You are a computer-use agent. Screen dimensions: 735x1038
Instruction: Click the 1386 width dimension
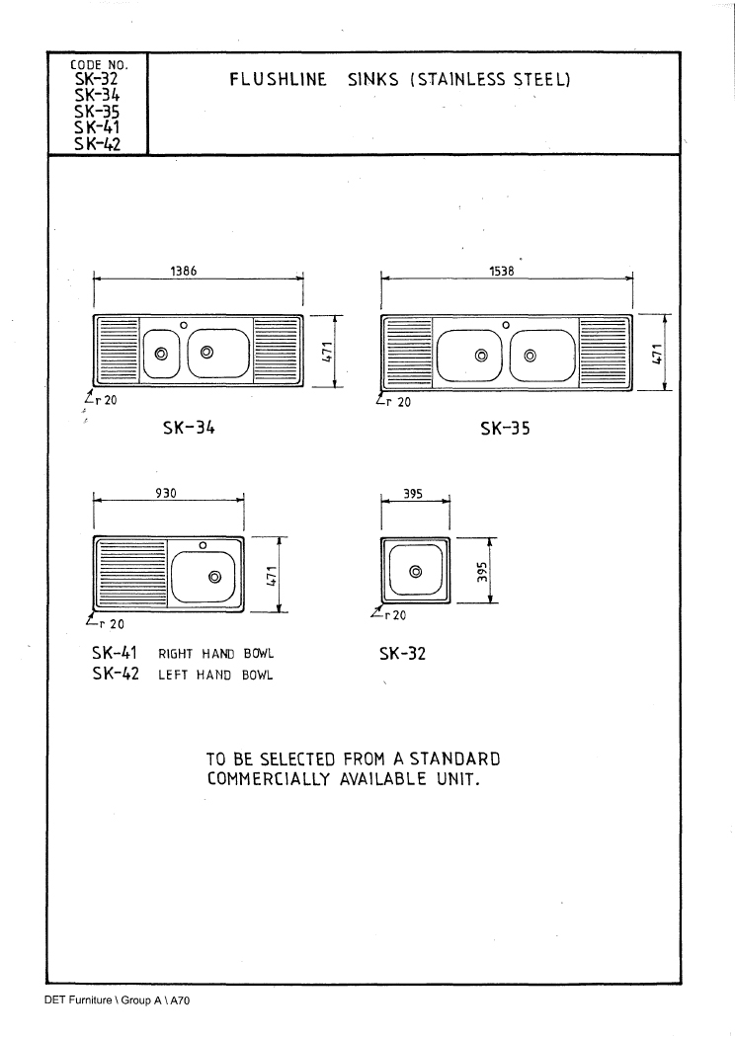point(184,271)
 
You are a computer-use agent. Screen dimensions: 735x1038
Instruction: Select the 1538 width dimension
point(501,271)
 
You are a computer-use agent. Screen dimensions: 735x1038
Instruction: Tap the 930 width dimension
point(166,493)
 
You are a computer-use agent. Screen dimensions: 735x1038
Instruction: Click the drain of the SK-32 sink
point(415,571)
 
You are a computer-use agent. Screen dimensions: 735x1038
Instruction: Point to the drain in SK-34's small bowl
point(161,354)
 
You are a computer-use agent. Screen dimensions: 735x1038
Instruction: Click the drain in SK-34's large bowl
point(206,352)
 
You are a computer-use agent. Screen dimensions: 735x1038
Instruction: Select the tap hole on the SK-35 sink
point(506,325)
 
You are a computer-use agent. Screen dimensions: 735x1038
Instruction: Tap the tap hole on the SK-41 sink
point(204,545)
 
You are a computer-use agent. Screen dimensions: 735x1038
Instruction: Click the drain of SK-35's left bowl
point(481,356)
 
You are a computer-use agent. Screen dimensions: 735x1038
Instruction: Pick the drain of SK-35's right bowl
point(530,356)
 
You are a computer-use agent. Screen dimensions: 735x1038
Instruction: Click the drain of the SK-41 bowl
point(214,577)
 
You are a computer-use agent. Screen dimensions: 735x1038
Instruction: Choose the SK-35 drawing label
point(505,429)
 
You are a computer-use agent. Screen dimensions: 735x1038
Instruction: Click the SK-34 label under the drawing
point(189,428)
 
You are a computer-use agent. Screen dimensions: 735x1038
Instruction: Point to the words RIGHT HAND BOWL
point(216,654)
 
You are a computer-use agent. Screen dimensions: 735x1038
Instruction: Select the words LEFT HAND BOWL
point(215,676)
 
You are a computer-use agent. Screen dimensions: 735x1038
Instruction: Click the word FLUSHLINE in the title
point(279,80)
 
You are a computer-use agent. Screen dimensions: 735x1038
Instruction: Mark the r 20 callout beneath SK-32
point(389,615)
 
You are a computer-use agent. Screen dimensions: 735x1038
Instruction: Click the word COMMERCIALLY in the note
point(268,778)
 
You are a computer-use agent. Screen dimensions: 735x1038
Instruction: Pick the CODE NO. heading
point(99,65)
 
